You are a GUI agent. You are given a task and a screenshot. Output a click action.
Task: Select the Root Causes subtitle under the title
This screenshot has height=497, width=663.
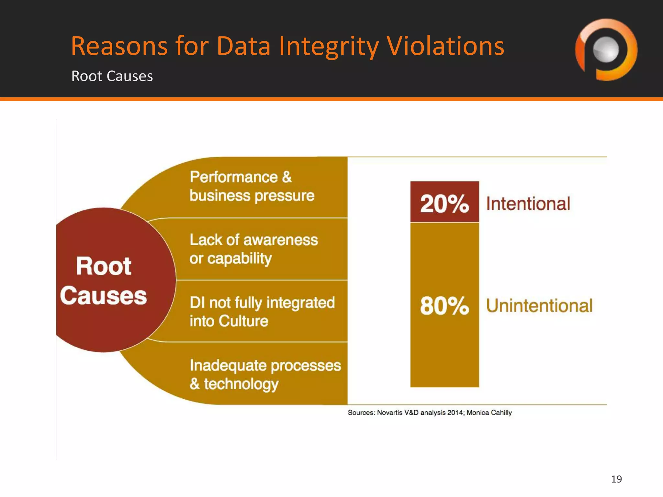(112, 76)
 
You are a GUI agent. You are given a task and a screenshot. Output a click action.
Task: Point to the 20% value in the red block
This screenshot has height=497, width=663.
(444, 204)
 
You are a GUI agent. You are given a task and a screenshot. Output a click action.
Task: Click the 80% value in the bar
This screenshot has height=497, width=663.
(444, 306)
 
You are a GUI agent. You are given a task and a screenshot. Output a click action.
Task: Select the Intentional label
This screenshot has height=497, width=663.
(528, 204)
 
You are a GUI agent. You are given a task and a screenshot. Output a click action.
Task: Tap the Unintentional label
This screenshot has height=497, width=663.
(539, 306)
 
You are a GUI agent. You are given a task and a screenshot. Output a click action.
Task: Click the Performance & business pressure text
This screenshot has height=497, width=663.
(252, 186)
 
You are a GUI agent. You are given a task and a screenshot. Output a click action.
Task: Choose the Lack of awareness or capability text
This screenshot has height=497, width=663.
(253, 249)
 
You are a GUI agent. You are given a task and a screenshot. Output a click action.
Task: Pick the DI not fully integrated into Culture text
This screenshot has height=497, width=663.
(262, 312)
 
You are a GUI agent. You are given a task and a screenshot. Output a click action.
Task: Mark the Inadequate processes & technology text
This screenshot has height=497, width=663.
(265, 374)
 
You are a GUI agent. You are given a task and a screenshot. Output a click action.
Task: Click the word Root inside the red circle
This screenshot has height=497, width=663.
(104, 266)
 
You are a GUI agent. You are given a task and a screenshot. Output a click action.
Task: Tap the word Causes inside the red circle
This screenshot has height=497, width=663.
(104, 296)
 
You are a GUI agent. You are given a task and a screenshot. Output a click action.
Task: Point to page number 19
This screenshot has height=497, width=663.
(616, 479)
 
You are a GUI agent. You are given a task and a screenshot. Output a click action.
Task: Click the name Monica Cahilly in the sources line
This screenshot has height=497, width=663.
(489, 413)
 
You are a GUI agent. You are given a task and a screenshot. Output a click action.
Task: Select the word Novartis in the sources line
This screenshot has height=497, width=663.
(390, 413)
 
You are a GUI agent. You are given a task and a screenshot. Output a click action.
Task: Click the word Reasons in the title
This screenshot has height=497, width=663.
(119, 46)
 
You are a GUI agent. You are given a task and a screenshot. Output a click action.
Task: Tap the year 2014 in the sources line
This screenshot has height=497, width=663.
(455, 413)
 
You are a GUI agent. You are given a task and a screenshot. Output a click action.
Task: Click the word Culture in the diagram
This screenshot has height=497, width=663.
(243, 321)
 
